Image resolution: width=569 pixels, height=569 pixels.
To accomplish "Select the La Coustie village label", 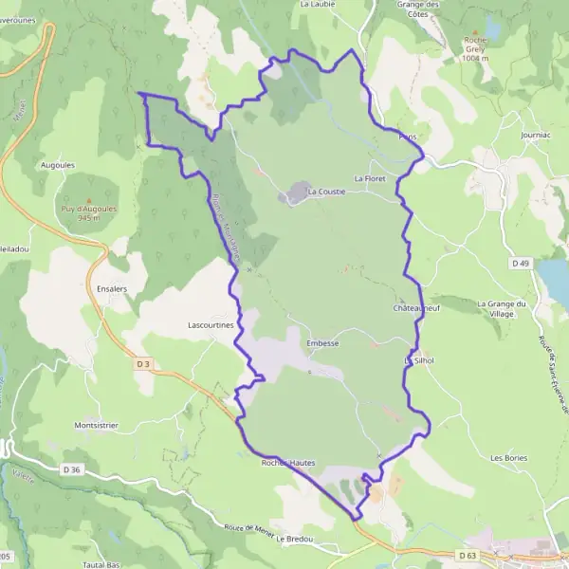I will pyautogui.click(x=326, y=191).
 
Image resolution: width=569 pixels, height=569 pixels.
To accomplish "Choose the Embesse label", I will pyautogui.click(x=323, y=343).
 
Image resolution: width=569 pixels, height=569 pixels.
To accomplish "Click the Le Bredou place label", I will pyautogui.click(x=295, y=540).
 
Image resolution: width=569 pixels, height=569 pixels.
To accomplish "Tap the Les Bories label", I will pyautogui.click(x=508, y=458).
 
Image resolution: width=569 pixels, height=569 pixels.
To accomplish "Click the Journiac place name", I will pyautogui.click(x=536, y=136).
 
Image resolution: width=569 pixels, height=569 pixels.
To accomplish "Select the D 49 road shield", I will pyautogui.click(x=519, y=263).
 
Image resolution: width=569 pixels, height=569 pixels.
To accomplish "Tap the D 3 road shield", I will pyautogui.click(x=143, y=363).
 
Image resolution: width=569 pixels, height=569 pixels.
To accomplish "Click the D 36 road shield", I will pyautogui.click(x=72, y=468).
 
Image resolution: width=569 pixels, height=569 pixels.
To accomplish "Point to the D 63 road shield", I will pyautogui.click(x=466, y=555).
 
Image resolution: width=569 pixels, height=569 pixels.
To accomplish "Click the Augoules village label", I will pyautogui.click(x=58, y=164).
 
